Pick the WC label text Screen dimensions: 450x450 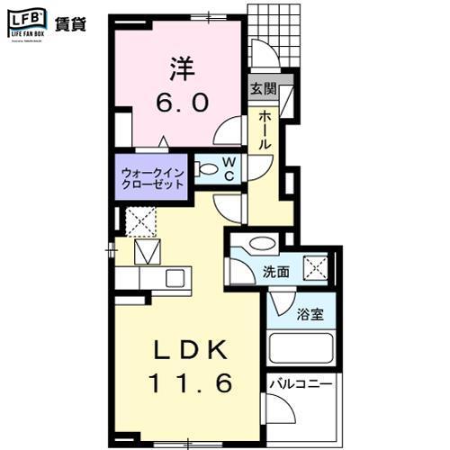pyautogui.click(x=229, y=168)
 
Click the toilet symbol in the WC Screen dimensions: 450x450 pyautogui.click(x=207, y=167)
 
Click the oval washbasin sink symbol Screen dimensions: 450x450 pyautogui.click(x=262, y=243)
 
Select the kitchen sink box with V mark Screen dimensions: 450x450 pyautogui.click(x=146, y=253)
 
